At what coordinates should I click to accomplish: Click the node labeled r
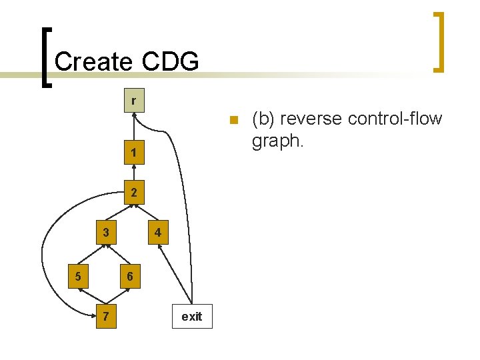134,101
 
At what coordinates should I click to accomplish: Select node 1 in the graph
134,153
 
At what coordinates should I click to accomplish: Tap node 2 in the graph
134,193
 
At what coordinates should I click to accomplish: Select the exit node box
191,316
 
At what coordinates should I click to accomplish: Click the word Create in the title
93,61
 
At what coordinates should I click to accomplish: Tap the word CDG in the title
170,61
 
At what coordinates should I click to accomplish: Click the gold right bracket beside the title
439,41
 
